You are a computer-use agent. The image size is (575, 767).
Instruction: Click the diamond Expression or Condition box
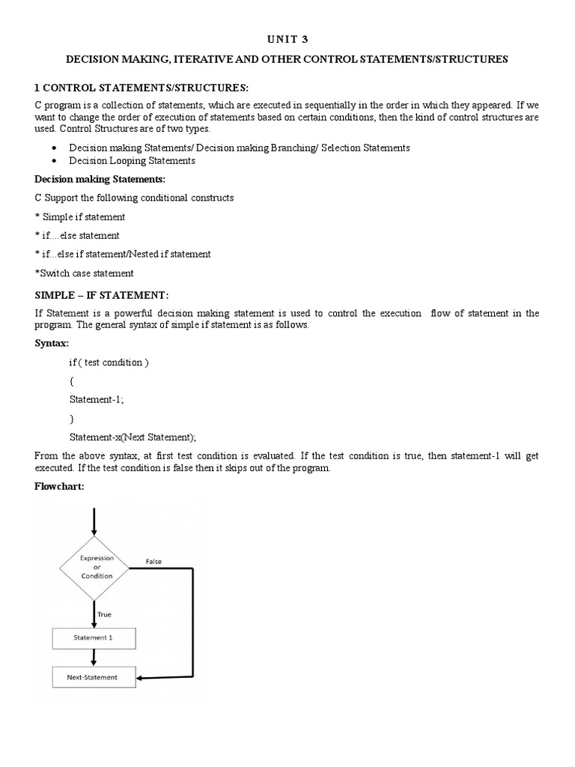tap(94, 567)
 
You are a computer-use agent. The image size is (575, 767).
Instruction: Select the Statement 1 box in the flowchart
tap(94, 637)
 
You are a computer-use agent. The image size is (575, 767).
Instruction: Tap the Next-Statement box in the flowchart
tap(94, 678)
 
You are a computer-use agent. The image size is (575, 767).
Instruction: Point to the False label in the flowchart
tap(153, 561)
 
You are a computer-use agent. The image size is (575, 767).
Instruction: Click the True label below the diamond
tap(104, 614)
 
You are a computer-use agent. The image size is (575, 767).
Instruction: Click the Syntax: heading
tap(52, 344)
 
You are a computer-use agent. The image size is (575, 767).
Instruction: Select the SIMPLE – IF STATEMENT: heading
tap(102, 294)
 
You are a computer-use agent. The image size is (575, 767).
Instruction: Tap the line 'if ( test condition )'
tap(109, 363)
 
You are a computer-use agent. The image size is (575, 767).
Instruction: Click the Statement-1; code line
tap(97, 400)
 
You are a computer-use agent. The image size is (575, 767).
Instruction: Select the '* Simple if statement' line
tap(80, 216)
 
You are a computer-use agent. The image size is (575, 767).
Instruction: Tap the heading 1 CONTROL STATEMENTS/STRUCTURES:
tap(141, 88)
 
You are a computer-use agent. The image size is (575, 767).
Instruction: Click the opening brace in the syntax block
tap(71, 381)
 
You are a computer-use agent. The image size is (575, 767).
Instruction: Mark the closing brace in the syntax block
tap(71, 419)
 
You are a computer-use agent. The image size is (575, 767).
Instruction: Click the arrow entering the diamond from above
tap(94, 521)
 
